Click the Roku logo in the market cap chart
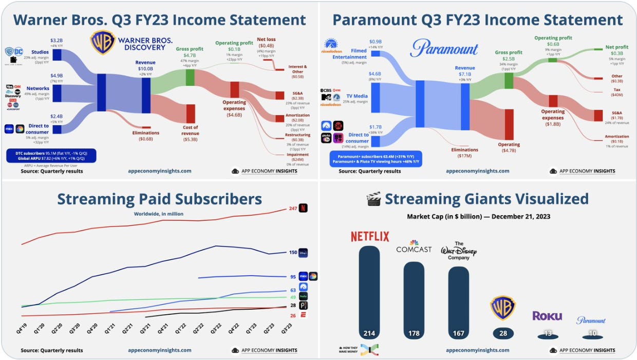click(547, 316)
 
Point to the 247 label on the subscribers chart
click(293, 209)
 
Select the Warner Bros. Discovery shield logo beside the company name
click(103, 43)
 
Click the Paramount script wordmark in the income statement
click(444, 49)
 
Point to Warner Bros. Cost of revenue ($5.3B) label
click(190, 134)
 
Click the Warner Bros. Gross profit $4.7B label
click(190, 52)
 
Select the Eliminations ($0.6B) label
click(146, 136)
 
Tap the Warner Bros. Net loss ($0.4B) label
click(266, 42)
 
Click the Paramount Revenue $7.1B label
click(465, 71)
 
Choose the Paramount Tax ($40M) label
click(617, 92)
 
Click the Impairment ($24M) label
click(298, 157)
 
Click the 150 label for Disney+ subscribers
click(293, 252)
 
